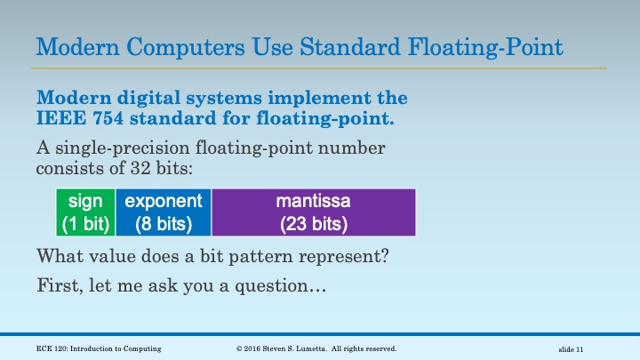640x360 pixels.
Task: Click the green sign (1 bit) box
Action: click(x=85, y=212)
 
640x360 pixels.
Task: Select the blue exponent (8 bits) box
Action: click(x=163, y=212)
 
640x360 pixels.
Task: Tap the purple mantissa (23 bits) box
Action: click(x=313, y=212)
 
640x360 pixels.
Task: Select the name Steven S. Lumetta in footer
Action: click(x=301, y=349)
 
